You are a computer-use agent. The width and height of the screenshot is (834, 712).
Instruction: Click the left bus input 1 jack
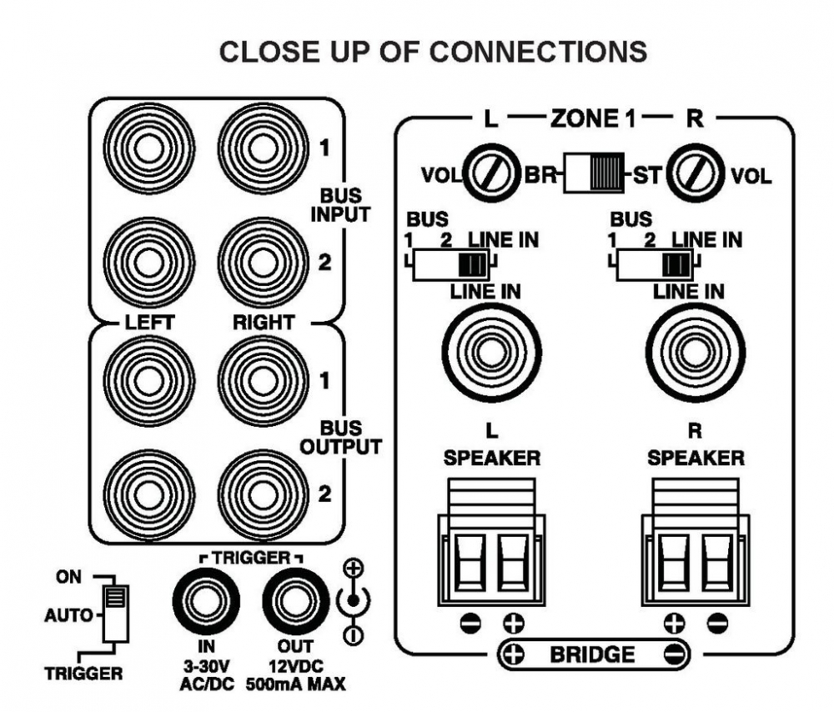[x=149, y=148]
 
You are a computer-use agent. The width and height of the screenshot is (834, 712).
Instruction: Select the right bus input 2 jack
[x=263, y=262]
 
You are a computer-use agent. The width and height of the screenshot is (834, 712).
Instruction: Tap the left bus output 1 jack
[x=149, y=381]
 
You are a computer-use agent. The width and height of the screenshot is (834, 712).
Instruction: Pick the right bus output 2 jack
[x=263, y=495]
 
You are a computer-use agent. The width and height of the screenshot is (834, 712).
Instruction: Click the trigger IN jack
[x=206, y=601]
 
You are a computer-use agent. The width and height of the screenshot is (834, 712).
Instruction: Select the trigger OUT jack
[x=295, y=601]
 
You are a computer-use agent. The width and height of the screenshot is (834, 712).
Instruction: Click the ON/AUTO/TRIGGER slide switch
[x=115, y=614]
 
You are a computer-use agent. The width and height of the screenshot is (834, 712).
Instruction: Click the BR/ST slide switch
[x=594, y=173]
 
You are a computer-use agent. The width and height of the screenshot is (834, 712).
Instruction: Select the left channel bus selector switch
[x=451, y=264]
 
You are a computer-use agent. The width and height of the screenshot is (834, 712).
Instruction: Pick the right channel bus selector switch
[x=655, y=264]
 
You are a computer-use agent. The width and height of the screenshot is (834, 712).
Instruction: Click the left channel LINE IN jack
[x=491, y=352]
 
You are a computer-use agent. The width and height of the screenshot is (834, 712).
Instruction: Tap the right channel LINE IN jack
[x=696, y=352]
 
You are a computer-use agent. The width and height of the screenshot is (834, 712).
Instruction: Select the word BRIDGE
[x=592, y=654]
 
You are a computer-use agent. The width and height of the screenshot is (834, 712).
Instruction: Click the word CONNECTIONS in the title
[x=538, y=52]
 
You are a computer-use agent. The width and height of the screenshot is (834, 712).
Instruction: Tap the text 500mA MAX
[x=296, y=684]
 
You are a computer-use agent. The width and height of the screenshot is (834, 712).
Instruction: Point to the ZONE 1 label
[x=593, y=118]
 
